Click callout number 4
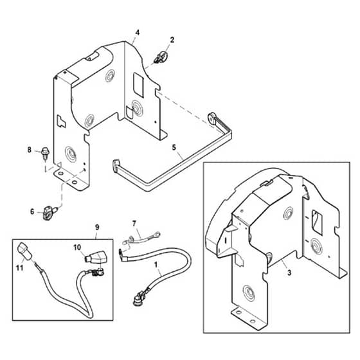[138, 33]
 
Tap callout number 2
[172, 40]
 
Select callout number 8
[29, 150]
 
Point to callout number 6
[32, 212]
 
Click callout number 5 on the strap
[174, 147]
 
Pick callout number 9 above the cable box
[97, 228]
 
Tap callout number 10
[77, 248]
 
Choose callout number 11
[20, 267]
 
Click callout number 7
[134, 224]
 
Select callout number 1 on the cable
[156, 265]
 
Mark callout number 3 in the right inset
[289, 273]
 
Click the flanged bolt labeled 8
[45, 153]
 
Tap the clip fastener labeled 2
[161, 57]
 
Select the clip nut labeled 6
[49, 213]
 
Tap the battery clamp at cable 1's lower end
[138, 298]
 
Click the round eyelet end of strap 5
[212, 117]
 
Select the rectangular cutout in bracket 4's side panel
[138, 85]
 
